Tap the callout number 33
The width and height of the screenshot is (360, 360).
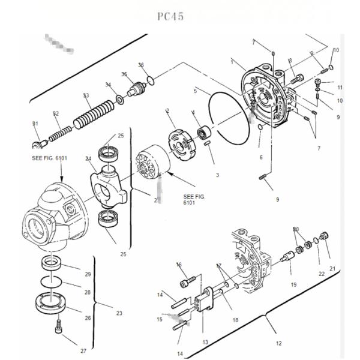[86, 96]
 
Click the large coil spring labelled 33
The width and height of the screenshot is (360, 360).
[93, 115]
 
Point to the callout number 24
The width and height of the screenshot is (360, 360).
[88, 159]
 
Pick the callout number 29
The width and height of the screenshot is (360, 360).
[88, 274]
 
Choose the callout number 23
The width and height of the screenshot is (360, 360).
[119, 313]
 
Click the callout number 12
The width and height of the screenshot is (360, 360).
[278, 344]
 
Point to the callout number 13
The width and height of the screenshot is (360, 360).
[205, 342]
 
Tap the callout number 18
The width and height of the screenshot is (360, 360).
[235, 320]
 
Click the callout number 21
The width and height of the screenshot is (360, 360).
[332, 268]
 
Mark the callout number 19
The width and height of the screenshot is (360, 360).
[293, 284]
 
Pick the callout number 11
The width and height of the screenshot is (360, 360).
[340, 88]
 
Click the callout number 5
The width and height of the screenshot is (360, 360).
[195, 92]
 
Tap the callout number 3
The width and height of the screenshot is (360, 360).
[217, 175]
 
